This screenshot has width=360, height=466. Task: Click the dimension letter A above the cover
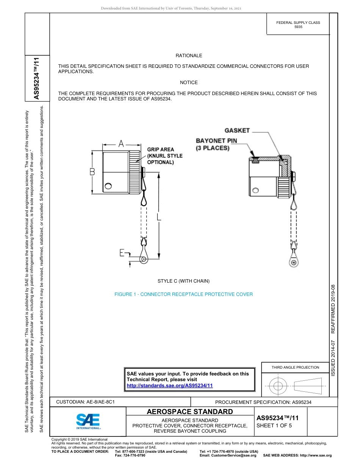click(121, 144)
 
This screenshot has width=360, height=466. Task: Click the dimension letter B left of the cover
click(92, 172)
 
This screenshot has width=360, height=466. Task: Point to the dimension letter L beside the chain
click(159, 217)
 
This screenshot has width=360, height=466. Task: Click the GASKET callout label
click(237, 131)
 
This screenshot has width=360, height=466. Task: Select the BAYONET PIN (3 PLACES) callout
click(216, 144)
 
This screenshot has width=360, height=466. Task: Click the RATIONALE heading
click(189, 56)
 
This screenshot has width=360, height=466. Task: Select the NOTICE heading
click(189, 83)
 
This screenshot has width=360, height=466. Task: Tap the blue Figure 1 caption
click(183, 294)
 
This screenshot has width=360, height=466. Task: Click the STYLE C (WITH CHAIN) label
click(183, 281)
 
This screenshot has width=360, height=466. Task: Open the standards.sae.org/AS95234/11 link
click(169, 385)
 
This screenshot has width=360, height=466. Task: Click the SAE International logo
click(88, 421)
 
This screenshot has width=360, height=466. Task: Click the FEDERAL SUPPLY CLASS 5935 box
click(298, 25)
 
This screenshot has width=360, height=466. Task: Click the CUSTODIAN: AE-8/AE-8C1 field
click(85, 402)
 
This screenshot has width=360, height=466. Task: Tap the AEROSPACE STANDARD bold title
click(190, 412)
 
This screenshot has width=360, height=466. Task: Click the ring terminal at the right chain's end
click(294, 263)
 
